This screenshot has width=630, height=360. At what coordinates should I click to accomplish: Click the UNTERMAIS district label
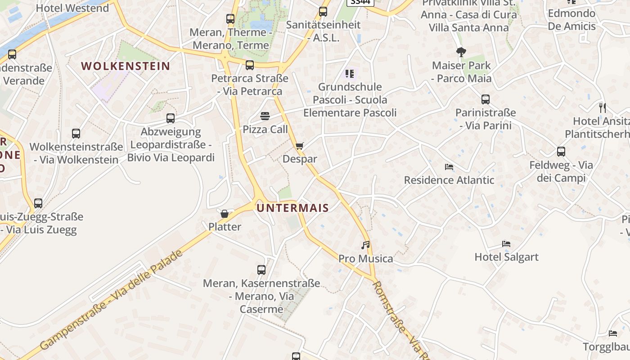tap(292, 208)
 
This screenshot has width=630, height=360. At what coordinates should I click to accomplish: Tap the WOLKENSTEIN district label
tap(126, 66)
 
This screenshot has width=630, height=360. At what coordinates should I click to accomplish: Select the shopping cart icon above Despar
tap(300, 146)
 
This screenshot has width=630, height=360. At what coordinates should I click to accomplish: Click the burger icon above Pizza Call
tap(265, 117)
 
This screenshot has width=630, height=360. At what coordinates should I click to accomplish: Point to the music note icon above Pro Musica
tap(365, 245)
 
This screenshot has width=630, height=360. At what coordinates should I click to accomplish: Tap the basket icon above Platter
tap(225, 213)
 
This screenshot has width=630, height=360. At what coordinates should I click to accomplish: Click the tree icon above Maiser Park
tap(461, 52)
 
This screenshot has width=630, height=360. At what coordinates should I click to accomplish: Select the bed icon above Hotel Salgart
tap(506, 244)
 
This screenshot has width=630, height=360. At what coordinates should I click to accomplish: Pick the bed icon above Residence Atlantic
tap(449, 167)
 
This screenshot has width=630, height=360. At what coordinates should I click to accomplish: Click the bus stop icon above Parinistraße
tap(485, 99)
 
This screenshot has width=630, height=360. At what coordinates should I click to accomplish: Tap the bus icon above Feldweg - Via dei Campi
tap(561, 152)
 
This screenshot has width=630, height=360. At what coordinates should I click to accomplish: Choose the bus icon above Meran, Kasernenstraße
tap(261, 270)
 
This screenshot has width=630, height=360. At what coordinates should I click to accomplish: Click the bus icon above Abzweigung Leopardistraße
tap(171, 118)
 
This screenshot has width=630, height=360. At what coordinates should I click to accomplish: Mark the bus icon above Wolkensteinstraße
tap(76, 134)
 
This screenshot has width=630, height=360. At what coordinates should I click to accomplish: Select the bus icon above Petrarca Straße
tap(250, 65)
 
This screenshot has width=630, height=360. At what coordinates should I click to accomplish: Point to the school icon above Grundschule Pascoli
tap(350, 73)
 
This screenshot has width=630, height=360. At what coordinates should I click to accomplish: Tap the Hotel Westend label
tap(72, 8)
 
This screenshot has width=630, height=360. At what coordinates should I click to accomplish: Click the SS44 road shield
tap(360, 2)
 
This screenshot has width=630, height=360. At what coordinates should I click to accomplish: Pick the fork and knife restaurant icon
tap(603, 108)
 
